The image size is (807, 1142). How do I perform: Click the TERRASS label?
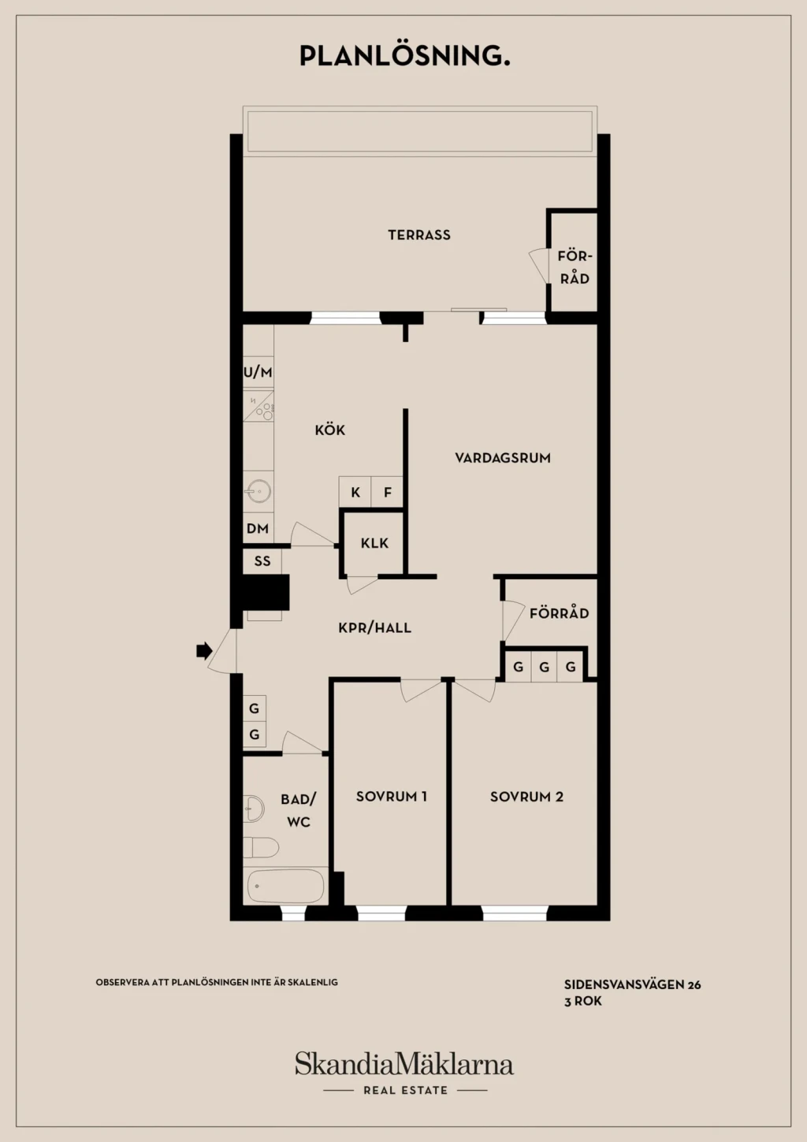[419, 235]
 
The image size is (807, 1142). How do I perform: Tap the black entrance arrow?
[204, 650]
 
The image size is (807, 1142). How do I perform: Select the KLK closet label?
[374, 544]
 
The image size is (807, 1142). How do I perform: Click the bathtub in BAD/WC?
[285, 886]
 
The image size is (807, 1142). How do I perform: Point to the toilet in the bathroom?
[261, 847]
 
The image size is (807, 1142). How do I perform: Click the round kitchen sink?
[258, 492]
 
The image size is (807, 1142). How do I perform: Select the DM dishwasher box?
[258, 528]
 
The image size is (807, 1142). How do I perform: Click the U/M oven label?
[258, 373]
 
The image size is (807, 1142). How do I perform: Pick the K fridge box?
[355, 492]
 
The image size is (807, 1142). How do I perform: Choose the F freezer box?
[388, 492]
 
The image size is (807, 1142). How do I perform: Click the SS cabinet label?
[262, 561]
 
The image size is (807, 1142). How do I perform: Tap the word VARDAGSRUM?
[503, 458]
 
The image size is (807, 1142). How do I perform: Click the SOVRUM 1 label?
[392, 797]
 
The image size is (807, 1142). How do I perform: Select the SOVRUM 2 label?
[526, 797]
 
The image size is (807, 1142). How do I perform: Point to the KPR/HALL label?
[374, 627]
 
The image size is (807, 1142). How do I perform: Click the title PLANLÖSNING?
[405, 55]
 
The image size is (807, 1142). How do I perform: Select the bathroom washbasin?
[254, 809]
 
